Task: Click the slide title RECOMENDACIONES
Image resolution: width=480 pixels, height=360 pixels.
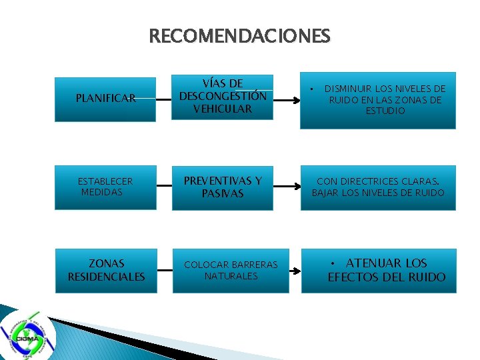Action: [x=240, y=35]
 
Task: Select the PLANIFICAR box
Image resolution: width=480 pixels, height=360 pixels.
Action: [x=105, y=98]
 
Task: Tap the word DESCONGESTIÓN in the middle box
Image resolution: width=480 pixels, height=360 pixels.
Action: [x=223, y=96]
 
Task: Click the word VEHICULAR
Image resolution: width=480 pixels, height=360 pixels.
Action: [x=223, y=109]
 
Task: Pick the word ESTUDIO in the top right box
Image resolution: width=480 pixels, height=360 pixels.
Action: [x=385, y=111]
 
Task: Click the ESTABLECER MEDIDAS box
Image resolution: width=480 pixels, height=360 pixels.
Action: [x=105, y=187]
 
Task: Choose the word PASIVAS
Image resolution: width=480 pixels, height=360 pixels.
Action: [x=223, y=194]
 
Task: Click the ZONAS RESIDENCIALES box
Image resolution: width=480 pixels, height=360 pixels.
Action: [x=105, y=270]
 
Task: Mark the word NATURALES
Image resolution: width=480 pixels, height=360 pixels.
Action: [x=231, y=276]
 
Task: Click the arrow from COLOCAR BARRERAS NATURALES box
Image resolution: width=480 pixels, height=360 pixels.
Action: [x=295, y=271]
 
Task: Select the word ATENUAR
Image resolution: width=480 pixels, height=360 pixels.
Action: [x=373, y=263]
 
